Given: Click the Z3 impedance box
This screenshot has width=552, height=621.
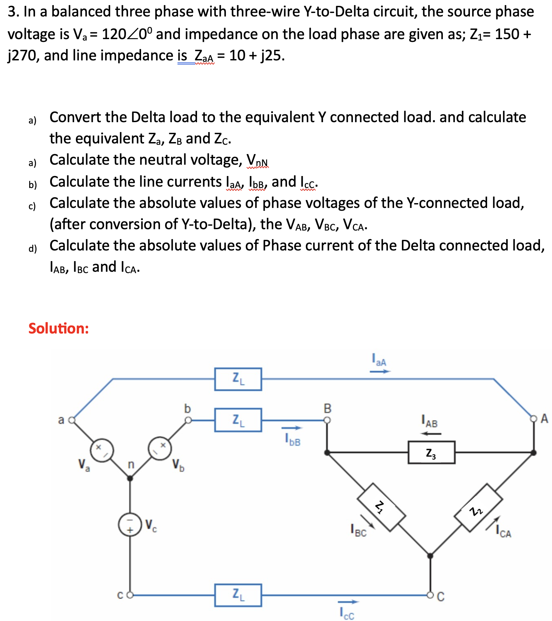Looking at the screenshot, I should (x=431, y=453).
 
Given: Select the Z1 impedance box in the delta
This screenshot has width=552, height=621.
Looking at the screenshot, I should (x=381, y=507).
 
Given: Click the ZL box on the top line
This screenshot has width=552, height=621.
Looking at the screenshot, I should (x=238, y=379).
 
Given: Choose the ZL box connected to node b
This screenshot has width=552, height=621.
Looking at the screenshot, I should (x=238, y=420).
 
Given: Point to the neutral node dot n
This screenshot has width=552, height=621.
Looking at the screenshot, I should (x=130, y=478).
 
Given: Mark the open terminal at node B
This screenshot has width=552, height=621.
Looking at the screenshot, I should (x=327, y=420).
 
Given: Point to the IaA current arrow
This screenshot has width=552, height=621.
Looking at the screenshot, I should (x=380, y=371).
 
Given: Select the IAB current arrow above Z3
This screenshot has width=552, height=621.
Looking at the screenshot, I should (x=431, y=434).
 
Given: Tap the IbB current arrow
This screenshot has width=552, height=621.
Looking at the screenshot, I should (x=292, y=428).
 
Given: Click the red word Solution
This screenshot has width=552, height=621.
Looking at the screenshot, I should (x=59, y=328).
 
